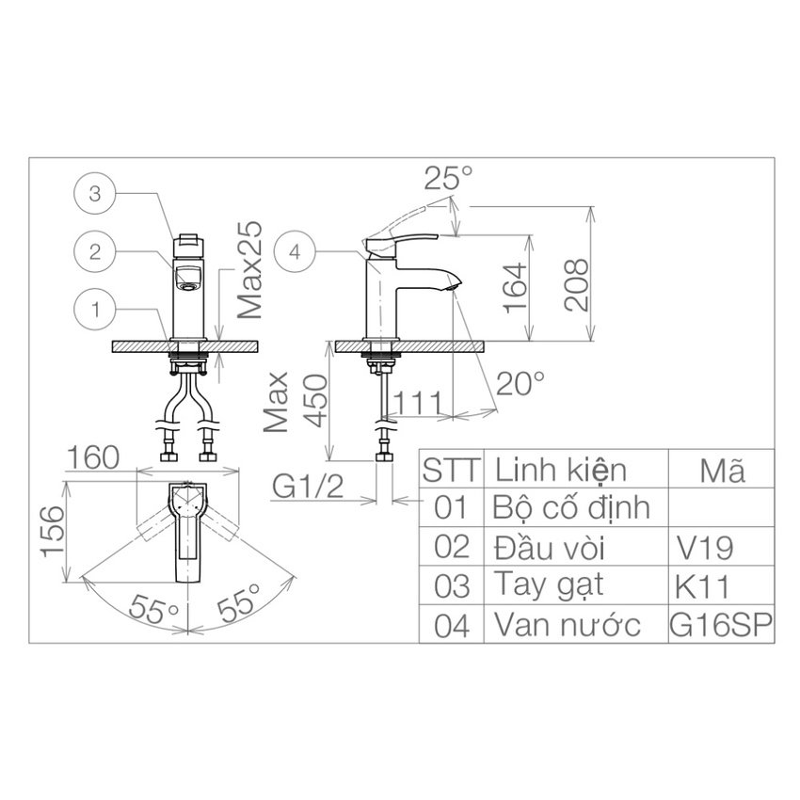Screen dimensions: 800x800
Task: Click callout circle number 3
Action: coord(95,194)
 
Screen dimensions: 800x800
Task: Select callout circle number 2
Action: coord(95,251)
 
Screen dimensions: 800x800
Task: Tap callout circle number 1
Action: coord(95,310)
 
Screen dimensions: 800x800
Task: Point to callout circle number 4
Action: coord(295,251)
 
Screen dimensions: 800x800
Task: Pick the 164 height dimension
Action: coord(514,288)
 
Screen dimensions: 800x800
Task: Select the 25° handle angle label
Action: coord(448,178)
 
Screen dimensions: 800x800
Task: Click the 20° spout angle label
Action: coord(520,383)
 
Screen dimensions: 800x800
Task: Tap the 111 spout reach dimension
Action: coord(417,403)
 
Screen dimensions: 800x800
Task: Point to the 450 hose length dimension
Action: coord(314,401)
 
